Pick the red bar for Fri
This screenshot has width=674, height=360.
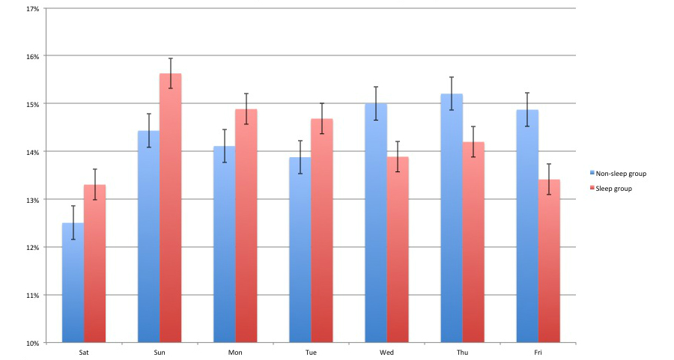[x=549, y=261]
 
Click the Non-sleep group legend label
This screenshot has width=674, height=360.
[x=621, y=174]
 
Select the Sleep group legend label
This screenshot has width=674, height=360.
[x=614, y=189]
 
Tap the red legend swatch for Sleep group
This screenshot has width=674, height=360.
[x=592, y=189]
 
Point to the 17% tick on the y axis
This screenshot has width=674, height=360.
[x=33, y=8]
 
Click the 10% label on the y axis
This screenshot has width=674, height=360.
[x=33, y=344]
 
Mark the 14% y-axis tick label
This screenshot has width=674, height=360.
[x=33, y=152]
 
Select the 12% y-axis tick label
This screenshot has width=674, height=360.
[x=33, y=248]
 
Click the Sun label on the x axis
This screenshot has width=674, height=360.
[x=160, y=352]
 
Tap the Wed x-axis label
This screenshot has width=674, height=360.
[x=387, y=352]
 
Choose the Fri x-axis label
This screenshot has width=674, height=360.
[x=538, y=352]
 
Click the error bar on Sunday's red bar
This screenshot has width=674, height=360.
[x=171, y=73]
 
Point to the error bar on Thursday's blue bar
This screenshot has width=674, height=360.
[x=452, y=94]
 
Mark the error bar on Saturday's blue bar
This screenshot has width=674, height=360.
[x=73, y=222]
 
